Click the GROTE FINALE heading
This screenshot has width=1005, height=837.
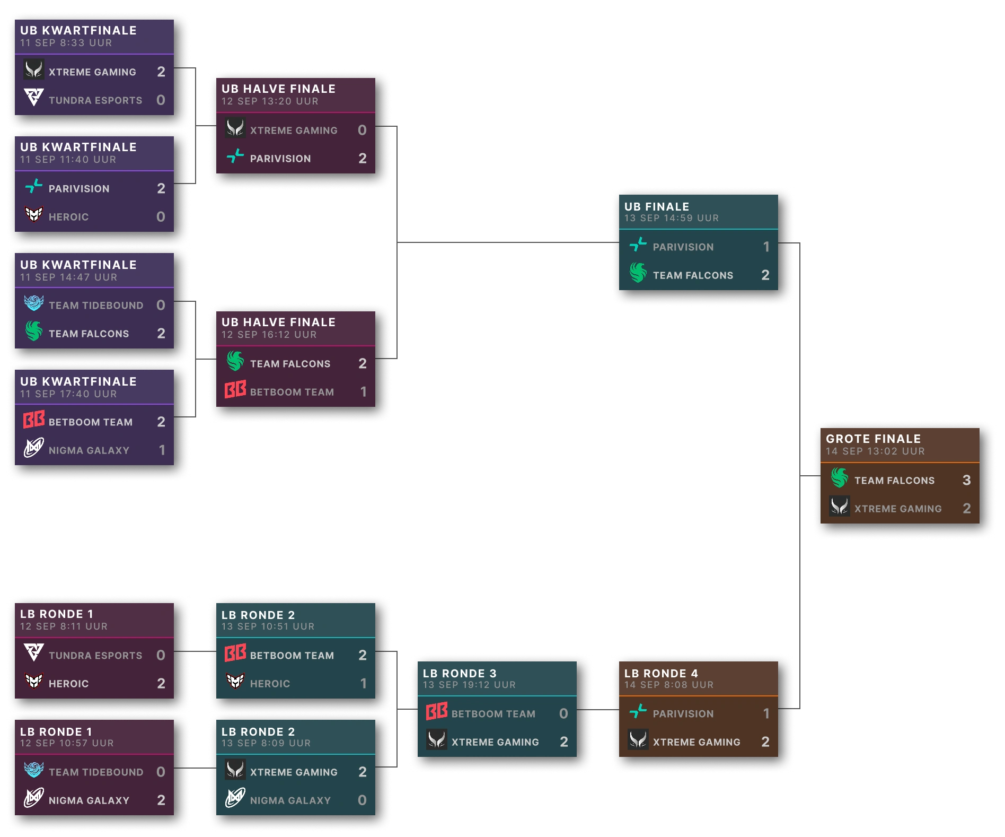point(873,439)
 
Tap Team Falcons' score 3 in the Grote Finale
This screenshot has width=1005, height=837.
point(966,480)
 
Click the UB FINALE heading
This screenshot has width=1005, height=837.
point(657,206)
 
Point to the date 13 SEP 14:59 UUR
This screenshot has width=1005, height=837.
point(671,218)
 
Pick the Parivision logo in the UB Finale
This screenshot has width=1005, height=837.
point(638,245)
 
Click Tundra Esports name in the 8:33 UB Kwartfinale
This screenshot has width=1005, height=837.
point(95,100)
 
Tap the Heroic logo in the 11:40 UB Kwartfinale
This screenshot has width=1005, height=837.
point(34,215)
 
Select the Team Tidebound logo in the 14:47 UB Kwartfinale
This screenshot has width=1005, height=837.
point(34,303)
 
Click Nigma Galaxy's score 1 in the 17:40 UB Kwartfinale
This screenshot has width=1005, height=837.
point(162,450)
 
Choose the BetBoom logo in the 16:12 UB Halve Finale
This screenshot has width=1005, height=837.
point(235,390)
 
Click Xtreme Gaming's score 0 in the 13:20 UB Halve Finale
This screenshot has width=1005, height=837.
point(362,130)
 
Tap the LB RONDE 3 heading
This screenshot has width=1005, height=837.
point(460,673)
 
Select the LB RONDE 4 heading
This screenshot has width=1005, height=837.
point(661,673)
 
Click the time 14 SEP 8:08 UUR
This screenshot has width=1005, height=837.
point(668,685)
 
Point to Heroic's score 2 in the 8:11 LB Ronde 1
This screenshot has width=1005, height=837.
point(161,683)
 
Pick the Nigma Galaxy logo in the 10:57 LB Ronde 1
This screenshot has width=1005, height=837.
point(34,798)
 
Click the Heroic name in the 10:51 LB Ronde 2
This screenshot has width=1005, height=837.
point(270,684)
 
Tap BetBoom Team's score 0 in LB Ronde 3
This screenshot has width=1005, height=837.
point(563,713)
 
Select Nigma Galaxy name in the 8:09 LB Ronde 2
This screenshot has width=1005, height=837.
point(290,800)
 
